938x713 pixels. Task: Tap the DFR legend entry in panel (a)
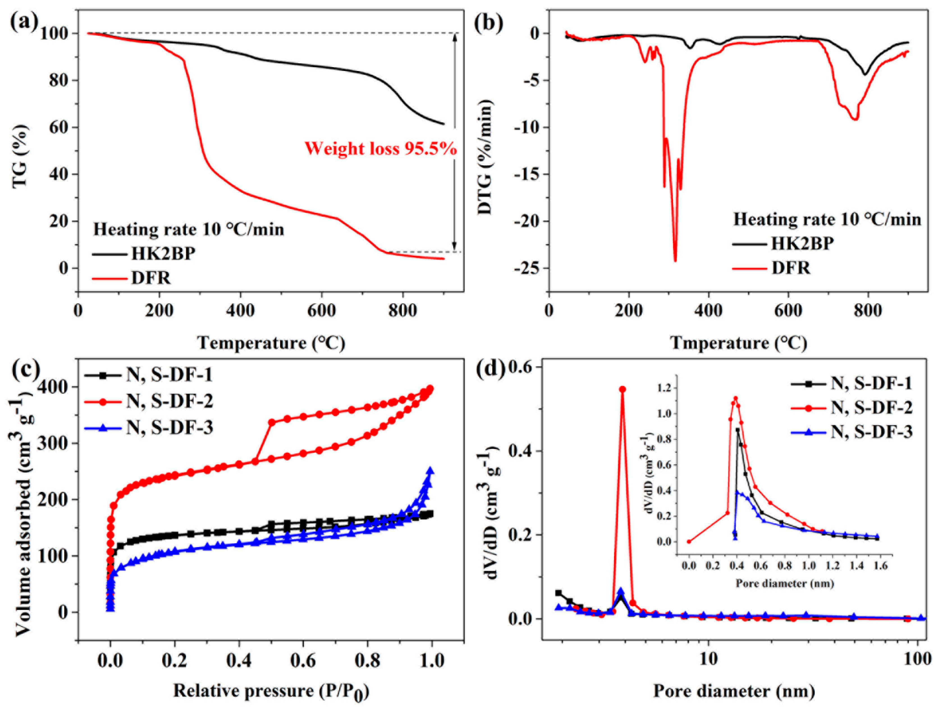(x=151, y=278)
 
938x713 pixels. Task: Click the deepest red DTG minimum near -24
(x=675, y=260)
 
